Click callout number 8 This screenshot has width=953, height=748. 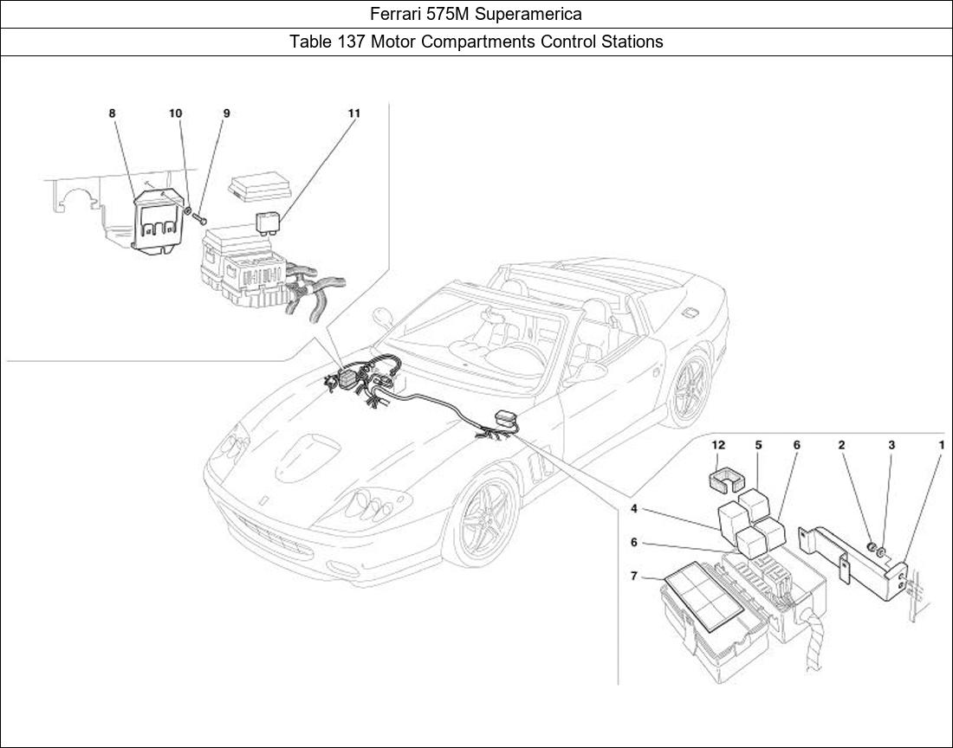pos(112,113)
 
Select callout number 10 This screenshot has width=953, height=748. pos(175,113)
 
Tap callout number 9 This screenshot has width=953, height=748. pos(226,113)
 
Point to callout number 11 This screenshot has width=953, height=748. pos(354,113)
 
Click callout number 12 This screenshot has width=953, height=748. pos(718,445)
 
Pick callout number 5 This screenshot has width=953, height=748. pos(758,445)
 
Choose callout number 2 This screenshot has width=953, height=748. pos(841,445)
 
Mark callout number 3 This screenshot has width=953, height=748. pos(891,445)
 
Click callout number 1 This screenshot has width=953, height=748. pos(941,445)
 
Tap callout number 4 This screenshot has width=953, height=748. pos(634,508)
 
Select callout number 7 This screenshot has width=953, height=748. pos(634,576)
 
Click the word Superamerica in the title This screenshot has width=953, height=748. pos(533,14)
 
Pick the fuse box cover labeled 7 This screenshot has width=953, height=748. pos(703,602)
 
